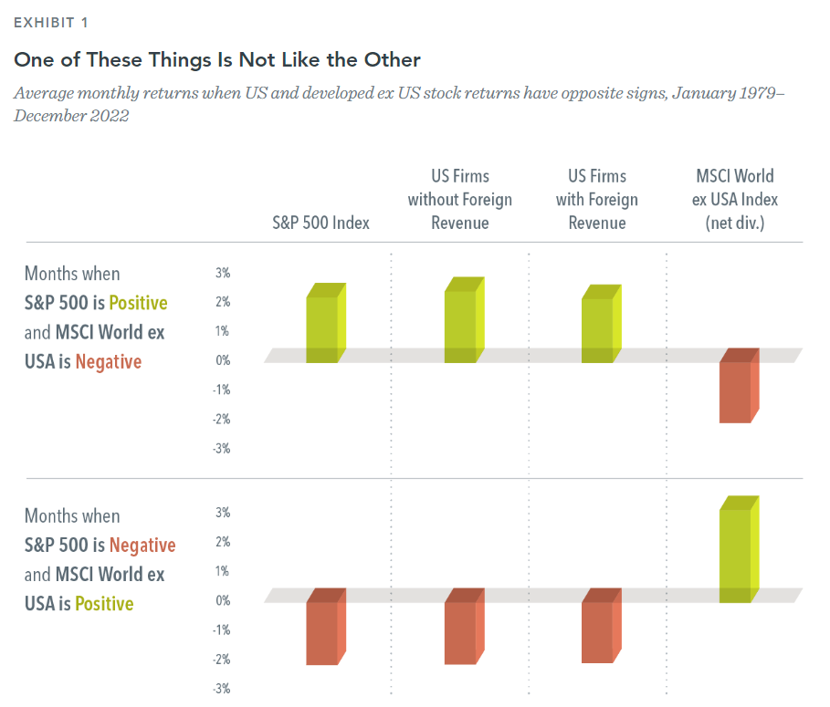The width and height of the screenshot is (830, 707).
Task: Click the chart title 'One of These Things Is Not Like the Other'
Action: click(216, 60)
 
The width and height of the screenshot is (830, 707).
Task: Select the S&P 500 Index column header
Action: click(320, 223)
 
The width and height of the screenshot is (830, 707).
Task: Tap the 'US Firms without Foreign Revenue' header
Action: click(459, 199)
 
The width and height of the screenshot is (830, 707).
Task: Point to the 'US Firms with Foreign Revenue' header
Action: click(597, 199)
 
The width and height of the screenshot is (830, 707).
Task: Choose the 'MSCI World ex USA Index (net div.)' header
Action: click(734, 199)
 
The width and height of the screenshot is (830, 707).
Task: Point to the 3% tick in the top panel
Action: click(223, 273)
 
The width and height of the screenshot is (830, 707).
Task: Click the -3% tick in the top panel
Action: click(221, 448)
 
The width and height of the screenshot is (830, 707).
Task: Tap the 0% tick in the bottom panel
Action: click(223, 600)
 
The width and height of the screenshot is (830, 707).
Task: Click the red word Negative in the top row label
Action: click(109, 362)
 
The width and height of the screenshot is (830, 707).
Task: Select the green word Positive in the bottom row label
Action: click(104, 604)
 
